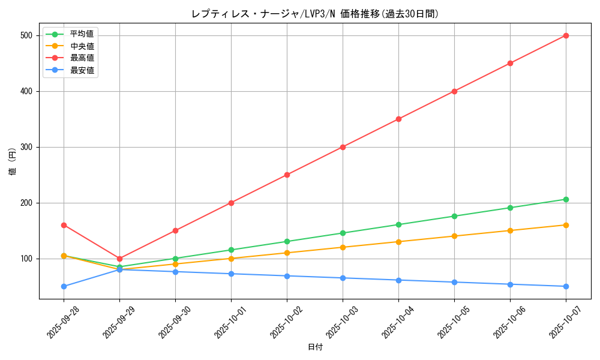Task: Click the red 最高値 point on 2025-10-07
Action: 566,35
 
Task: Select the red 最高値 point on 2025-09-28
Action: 64,225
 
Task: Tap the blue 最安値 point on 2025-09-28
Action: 64,286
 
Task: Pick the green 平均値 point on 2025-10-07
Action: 566,199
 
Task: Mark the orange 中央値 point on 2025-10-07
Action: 566,225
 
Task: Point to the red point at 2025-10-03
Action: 343,147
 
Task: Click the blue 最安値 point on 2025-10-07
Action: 566,286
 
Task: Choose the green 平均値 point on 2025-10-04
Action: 398,224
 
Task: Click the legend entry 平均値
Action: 82,34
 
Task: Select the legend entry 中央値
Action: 82,46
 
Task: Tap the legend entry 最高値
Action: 82,58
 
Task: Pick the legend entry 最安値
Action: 82,70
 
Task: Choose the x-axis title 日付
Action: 315,347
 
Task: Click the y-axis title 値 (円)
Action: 13,161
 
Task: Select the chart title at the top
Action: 315,14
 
